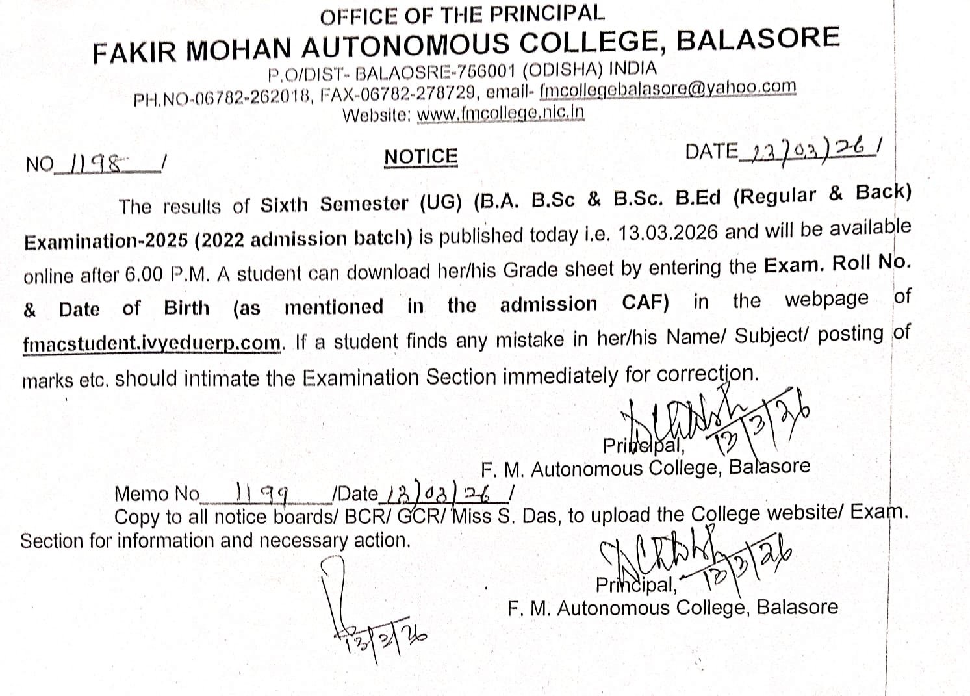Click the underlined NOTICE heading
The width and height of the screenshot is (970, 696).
(420, 157)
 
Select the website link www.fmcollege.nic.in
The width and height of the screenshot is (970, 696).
(500, 113)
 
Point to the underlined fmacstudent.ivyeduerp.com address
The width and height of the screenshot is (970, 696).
(152, 342)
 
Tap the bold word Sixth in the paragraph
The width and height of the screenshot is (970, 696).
(284, 205)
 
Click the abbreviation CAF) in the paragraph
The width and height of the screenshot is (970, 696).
(645, 302)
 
